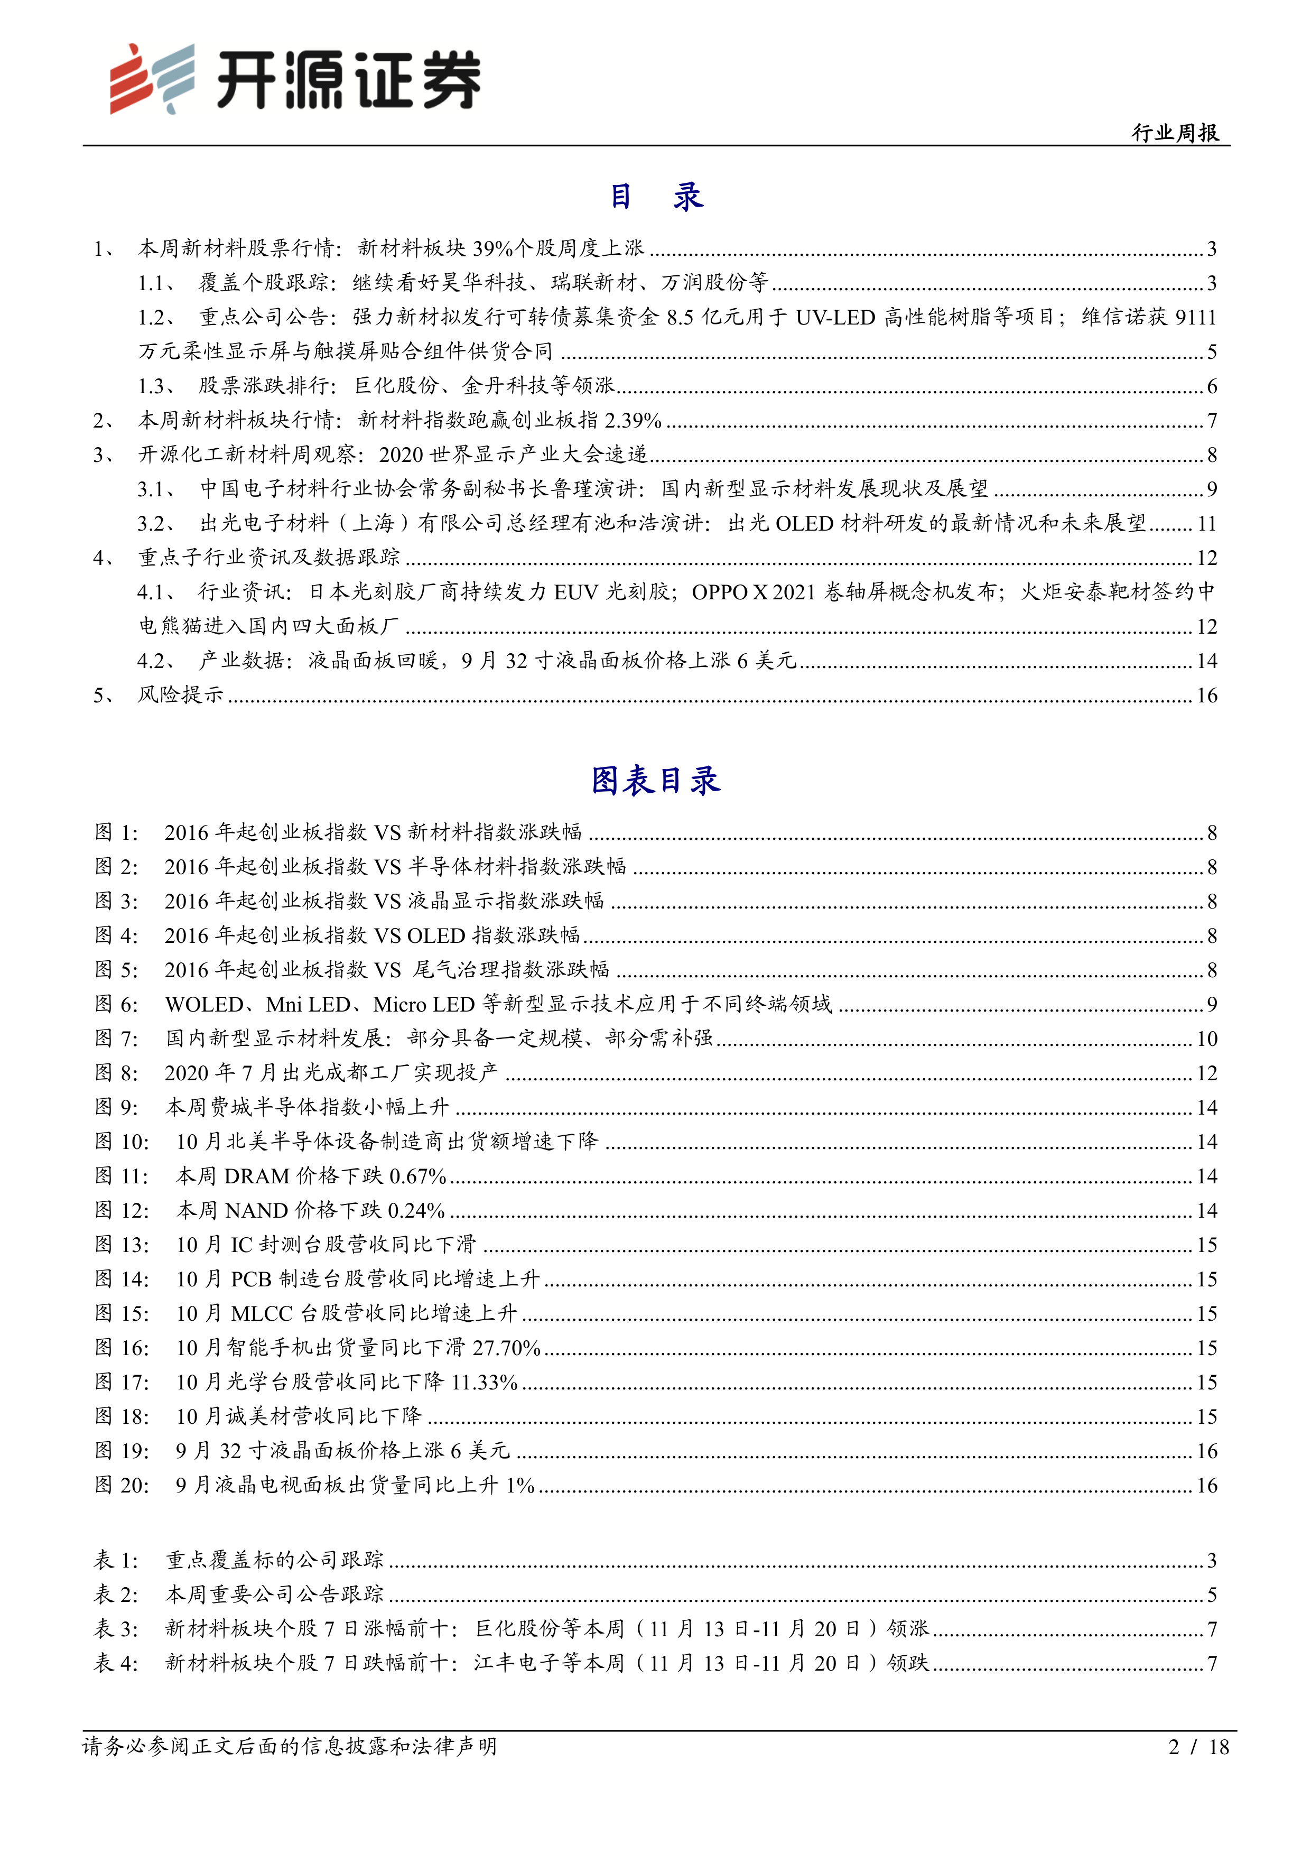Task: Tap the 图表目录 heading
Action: (655, 781)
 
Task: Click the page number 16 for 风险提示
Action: (1206, 696)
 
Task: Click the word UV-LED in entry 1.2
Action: (835, 317)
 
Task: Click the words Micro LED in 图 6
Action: (423, 1005)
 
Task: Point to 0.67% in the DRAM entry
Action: (417, 1176)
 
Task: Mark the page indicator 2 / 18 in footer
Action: (1198, 1747)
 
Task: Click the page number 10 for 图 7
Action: (1206, 1039)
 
